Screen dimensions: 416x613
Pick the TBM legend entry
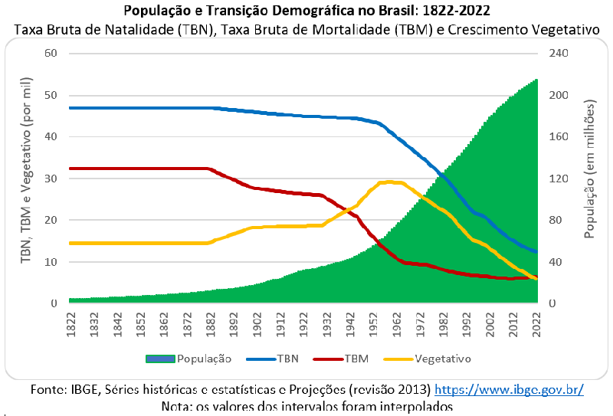(356, 358)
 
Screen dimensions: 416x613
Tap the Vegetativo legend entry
(442, 358)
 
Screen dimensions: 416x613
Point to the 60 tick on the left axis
(51, 54)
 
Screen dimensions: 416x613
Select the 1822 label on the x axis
(70, 323)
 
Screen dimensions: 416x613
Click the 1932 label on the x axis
(327, 323)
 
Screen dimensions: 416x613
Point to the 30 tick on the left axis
(51, 179)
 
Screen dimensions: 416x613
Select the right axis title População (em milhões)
(589, 178)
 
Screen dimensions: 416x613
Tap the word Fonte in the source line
(46, 389)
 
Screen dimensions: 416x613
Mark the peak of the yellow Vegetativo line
(390, 182)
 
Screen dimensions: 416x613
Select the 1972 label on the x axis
(420, 323)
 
